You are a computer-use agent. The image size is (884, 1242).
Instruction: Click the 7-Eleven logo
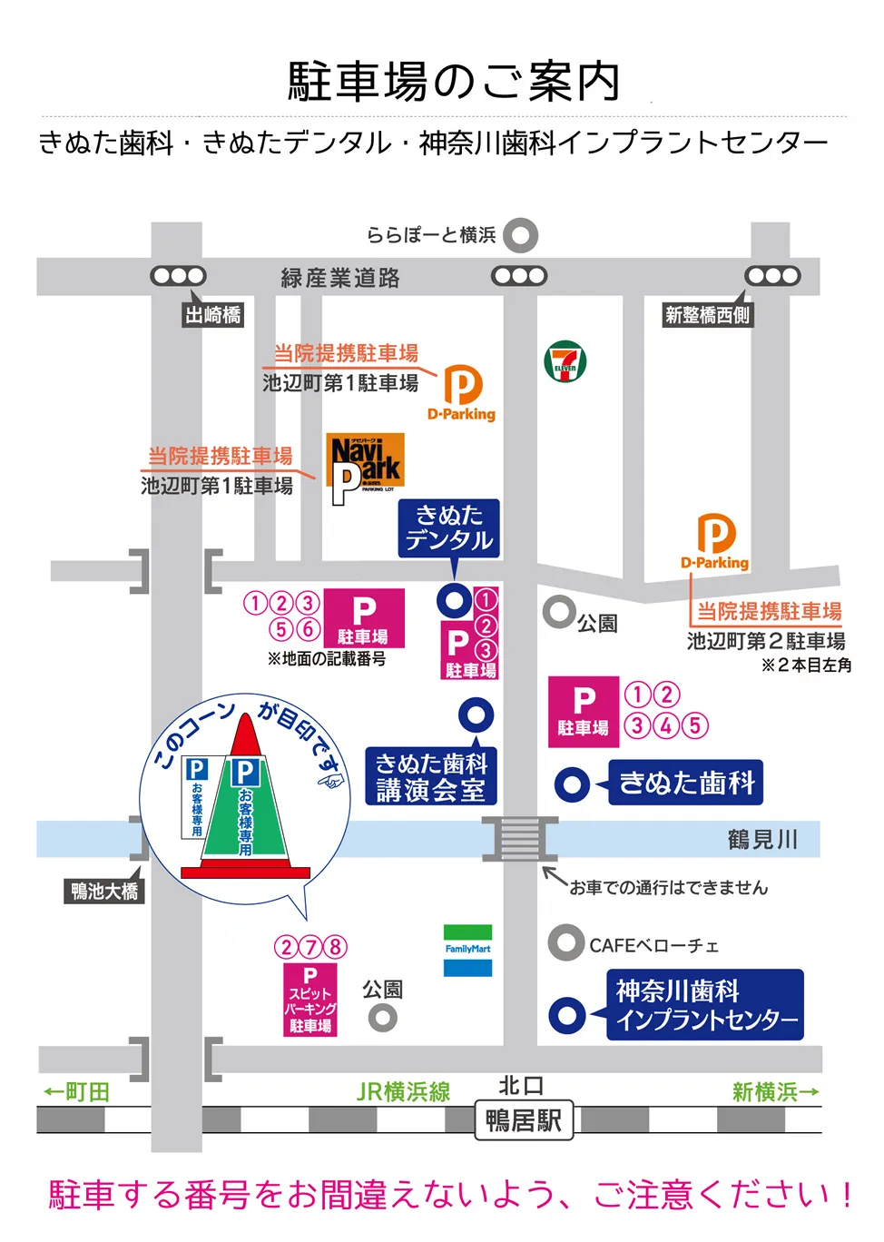click(x=565, y=361)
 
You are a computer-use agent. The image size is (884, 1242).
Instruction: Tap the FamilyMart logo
click(x=467, y=950)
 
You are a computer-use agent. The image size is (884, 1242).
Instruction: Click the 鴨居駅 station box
click(x=523, y=1121)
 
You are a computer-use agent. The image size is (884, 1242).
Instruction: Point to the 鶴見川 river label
click(x=762, y=840)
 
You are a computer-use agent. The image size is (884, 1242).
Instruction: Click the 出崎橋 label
click(x=213, y=315)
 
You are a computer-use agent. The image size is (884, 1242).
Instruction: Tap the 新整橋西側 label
click(x=707, y=315)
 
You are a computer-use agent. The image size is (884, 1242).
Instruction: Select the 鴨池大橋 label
click(x=104, y=891)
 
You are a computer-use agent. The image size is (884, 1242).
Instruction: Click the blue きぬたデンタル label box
click(x=449, y=528)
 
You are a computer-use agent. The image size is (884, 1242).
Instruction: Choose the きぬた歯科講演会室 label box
click(x=431, y=777)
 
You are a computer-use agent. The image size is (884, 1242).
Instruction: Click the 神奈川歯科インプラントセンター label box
click(x=705, y=1005)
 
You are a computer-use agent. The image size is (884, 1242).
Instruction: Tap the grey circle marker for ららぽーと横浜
click(x=521, y=235)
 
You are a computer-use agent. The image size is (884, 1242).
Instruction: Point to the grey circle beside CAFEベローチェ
click(x=566, y=943)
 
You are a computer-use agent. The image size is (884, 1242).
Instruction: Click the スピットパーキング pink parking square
click(x=310, y=1000)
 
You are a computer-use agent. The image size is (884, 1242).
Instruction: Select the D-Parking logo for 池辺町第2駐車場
click(x=716, y=542)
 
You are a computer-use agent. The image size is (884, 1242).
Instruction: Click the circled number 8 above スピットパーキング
click(x=335, y=947)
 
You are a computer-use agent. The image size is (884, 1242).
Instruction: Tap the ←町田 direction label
click(x=77, y=1092)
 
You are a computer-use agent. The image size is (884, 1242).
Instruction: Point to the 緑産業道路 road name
click(x=340, y=278)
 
